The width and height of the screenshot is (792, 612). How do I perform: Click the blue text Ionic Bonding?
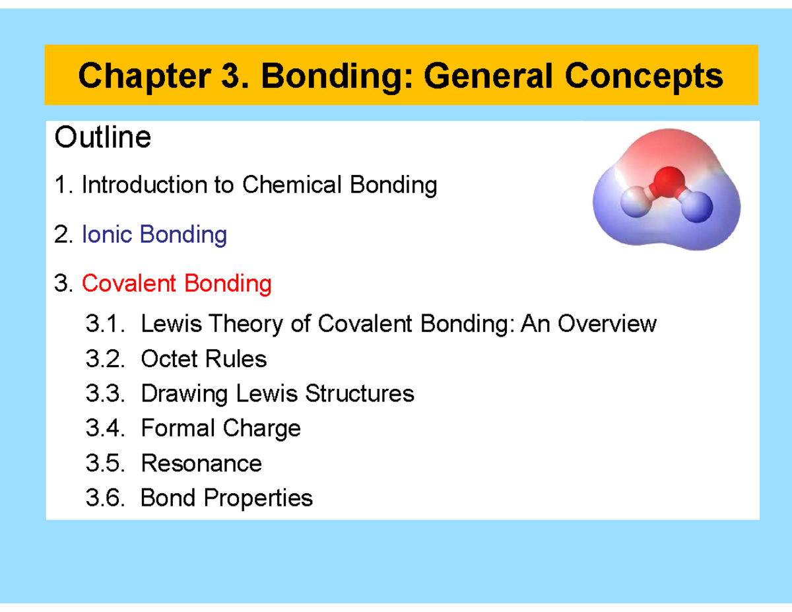[154, 234]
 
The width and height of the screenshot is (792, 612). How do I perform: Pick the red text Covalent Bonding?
[176, 284]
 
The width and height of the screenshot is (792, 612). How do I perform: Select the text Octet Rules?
[203, 359]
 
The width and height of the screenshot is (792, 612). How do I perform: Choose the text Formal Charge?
[220, 428]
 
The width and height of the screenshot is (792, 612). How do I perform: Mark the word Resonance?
[201, 463]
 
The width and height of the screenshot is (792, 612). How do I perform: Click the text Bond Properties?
[226, 498]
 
